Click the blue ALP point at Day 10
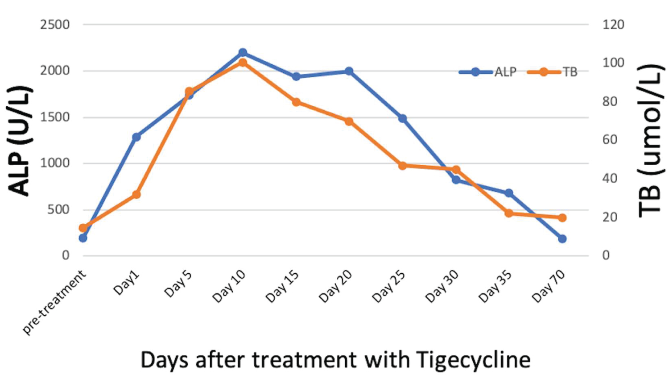coord(243,53)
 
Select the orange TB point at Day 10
coord(243,63)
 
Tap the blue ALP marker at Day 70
coord(562,239)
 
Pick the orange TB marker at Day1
coord(136,195)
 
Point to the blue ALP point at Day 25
coord(402,118)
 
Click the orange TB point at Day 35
coord(509,213)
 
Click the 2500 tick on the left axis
coord(55,25)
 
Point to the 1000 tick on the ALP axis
coord(55,163)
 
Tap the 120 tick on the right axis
coord(613,25)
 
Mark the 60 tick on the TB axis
coord(610,140)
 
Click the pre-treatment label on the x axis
coord(54,302)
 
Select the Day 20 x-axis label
coord(336,287)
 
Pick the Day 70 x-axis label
coord(549,287)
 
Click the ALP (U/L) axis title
coord(20,141)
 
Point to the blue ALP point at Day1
coord(136,137)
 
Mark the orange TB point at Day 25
coord(402,166)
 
